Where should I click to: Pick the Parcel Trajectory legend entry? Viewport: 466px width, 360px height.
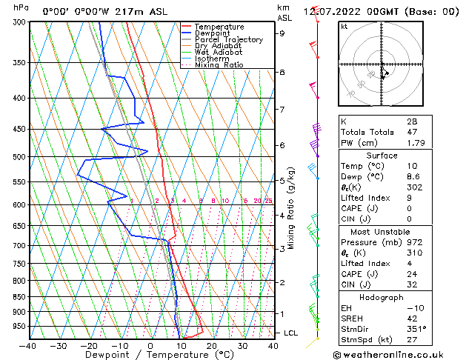[x=228, y=40]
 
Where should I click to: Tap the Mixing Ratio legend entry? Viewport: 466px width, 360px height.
[x=219, y=65]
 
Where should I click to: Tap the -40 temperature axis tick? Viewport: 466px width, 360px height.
[x=28, y=345]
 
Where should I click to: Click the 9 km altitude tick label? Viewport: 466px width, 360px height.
[x=282, y=33]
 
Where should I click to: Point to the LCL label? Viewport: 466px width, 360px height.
[x=291, y=333]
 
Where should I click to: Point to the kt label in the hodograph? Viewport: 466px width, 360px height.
[x=344, y=27]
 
